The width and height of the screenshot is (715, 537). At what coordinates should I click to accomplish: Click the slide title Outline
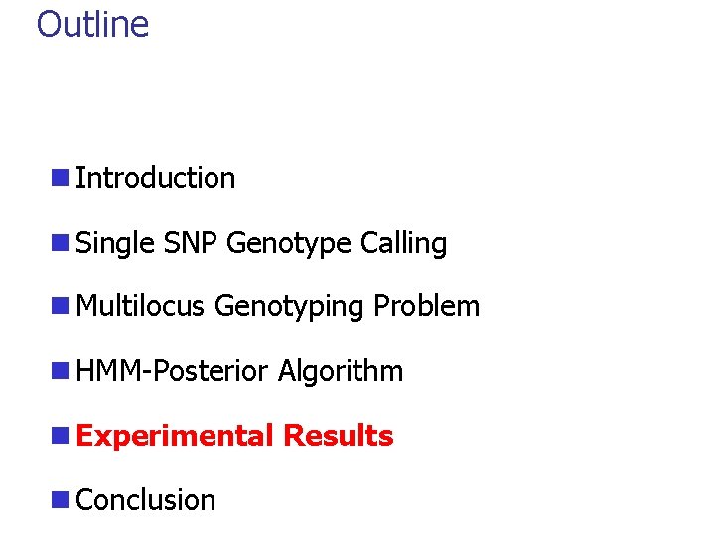tap(92, 24)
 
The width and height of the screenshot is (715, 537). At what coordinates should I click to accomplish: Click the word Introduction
tap(155, 178)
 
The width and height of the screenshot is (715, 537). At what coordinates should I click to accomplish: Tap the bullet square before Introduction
tap(61, 179)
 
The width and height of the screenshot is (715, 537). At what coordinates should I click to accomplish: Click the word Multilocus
tap(141, 307)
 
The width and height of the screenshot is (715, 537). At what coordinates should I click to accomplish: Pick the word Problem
tap(426, 307)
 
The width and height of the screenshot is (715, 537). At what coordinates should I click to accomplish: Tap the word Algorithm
tap(340, 372)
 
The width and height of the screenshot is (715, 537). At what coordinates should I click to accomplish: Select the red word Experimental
tap(174, 436)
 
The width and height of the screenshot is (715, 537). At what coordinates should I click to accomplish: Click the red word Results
tap(338, 436)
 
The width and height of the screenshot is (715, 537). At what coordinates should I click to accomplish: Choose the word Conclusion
tap(145, 500)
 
